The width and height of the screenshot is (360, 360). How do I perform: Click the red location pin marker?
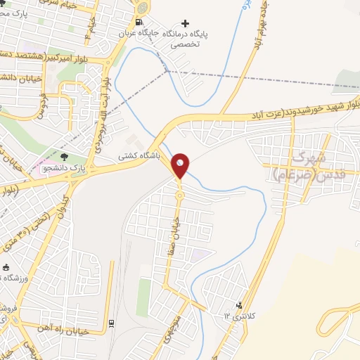[x=181, y=165]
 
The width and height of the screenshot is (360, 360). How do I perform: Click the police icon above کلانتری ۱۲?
[x=241, y=304]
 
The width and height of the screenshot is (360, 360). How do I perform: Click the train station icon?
[x=111, y=323]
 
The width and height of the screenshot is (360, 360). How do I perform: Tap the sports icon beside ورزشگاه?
[x=6, y=268]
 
